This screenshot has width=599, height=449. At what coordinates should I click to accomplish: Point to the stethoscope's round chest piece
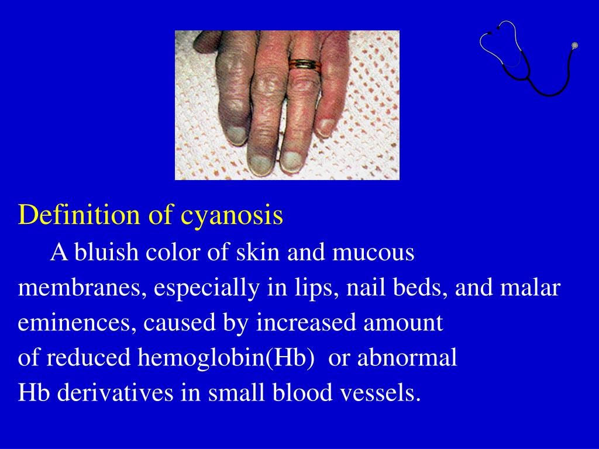[574, 45]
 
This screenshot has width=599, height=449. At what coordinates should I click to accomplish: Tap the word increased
[303, 323]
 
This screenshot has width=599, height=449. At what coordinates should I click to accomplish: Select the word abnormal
[407, 358]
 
